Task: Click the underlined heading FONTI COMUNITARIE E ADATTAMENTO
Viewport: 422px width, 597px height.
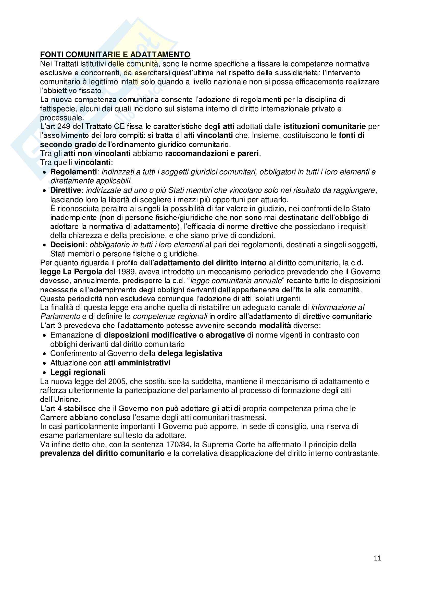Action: pyautogui.click(x=115, y=55)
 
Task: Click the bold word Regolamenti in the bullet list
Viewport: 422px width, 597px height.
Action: pyautogui.click(x=73, y=172)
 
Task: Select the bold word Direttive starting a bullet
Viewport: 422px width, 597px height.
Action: pyautogui.click(x=66, y=190)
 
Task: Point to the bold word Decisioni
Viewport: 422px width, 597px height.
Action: pyautogui.click(x=67, y=245)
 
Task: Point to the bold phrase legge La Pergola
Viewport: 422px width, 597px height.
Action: pyautogui.click(x=71, y=272)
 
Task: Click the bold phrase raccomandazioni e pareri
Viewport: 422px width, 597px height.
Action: pyautogui.click(x=212, y=154)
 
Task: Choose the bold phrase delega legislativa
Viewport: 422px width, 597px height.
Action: pyautogui.click(x=190, y=353)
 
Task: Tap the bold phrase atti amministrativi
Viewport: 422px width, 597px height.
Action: pyautogui.click(x=137, y=363)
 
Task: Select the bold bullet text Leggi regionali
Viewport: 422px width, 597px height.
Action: pyautogui.click(x=78, y=372)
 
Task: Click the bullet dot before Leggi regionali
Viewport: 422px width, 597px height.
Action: pyautogui.click(x=45, y=373)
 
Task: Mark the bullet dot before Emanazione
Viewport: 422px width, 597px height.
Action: pyautogui.click(x=45, y=336)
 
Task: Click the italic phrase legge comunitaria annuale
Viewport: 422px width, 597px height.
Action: pyautogui.click(x=236, y=281)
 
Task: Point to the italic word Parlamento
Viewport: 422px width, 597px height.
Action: pyautogui.click(x=60, y=316)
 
